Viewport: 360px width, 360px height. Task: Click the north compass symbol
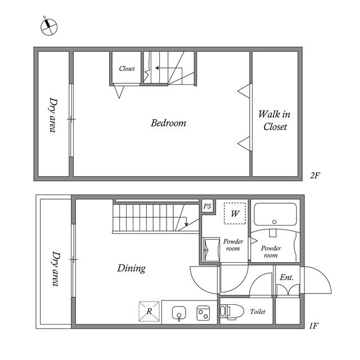[49, 26]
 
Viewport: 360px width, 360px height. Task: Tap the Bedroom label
[169, 123]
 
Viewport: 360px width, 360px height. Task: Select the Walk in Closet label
[274, 120]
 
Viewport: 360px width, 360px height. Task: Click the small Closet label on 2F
[127, 69]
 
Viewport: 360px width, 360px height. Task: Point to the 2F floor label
[315, 175]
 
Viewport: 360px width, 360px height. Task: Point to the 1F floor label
[314, 326]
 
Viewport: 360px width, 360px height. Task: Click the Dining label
[131, 268]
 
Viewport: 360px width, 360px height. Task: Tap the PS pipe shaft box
[208, 206]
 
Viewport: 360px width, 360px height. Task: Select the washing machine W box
[235, 214]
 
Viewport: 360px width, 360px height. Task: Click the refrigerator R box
[149, 311]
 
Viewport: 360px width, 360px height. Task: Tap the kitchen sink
[179, 313]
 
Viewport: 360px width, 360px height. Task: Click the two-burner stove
[203, 313]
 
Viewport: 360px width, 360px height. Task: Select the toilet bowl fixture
[232, 311]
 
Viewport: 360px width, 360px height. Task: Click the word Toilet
[258, 312]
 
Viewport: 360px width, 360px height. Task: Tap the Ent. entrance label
[286, 277]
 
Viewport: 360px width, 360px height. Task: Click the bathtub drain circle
[274, 222]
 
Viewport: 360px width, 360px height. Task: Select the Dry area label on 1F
[56, 269]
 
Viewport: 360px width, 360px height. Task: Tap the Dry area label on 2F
[53, 115]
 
